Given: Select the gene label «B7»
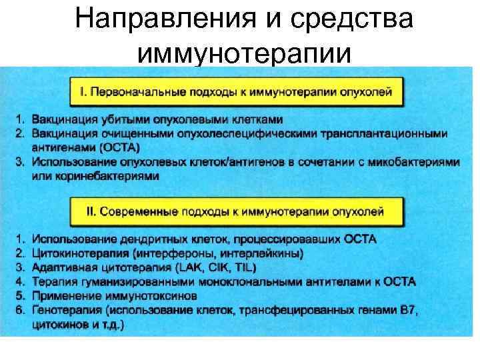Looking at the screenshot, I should pyautogui.click(x=407, y=311).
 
